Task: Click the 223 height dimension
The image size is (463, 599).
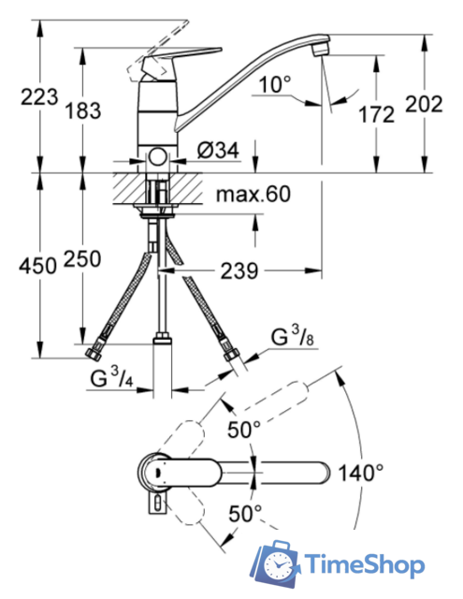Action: pyautogui.click(x=39, y=96)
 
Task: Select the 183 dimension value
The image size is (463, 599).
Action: pyautogui.click(x=83, y=110)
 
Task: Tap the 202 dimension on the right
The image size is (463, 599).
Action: pyautogui.click(x=424, y=104)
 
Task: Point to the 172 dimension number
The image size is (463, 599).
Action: pyautogui.click(x=376, y=114)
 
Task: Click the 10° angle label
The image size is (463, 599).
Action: pyautogui.click(x=275, y=84)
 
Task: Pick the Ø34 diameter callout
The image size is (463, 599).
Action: pyautogui.click(x=218, y=150)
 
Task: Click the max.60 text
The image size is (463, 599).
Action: pyautogui.click(x=253, y=194)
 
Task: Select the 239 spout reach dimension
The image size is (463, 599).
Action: pyautogui.click(x=239, y=270)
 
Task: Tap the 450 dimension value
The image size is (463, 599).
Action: pyautogui.click(x=37, y=265)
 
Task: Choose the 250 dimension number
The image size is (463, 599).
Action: pyautogui.click(x=82, y=258)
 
